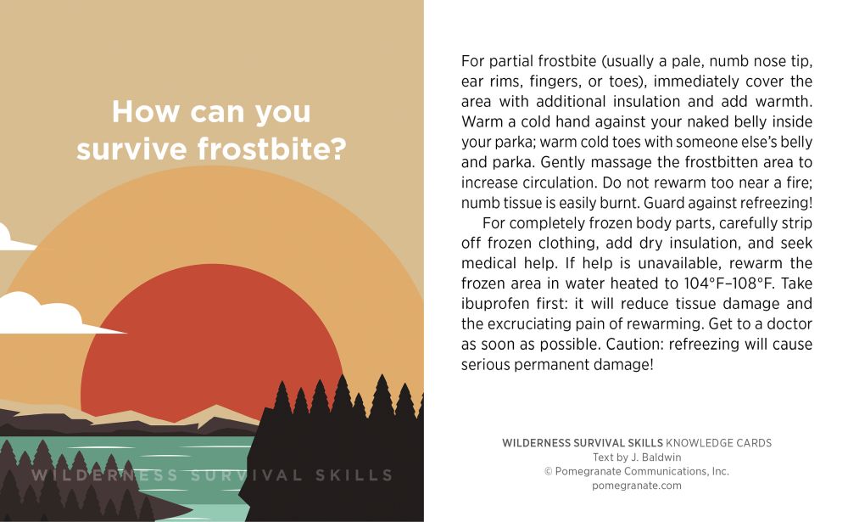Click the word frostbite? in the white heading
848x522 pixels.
(x=271, y=149)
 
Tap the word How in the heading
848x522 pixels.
(x=146, y=111)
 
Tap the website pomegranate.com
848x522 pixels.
(x=637, y=486)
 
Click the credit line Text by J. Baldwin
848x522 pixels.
(x=637, y=457)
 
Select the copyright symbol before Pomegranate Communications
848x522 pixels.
(x=549, y=472)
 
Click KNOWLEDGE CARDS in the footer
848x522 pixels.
(x=718, y=443)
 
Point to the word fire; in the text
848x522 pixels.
(x=797, y=182)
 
